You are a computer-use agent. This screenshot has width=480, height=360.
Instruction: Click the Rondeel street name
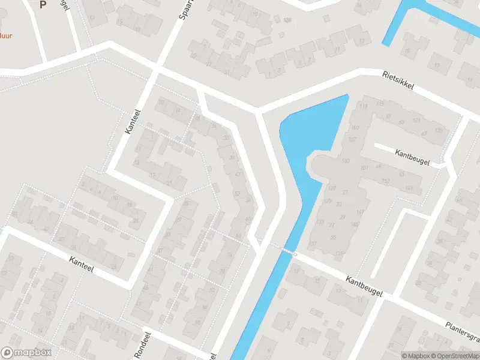(139, 347)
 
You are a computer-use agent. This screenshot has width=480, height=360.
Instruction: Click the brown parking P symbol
(43, 5)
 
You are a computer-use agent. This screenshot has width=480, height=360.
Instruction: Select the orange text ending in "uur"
(5, 35)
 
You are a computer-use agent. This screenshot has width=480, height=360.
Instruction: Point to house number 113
(363, 106)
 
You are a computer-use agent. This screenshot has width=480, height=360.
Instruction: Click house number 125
(439, 130)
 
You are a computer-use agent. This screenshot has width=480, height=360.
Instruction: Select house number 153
(385, 181)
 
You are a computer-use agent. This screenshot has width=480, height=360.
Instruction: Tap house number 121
(416, 121)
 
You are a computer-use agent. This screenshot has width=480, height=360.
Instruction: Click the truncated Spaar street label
(182, 8)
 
